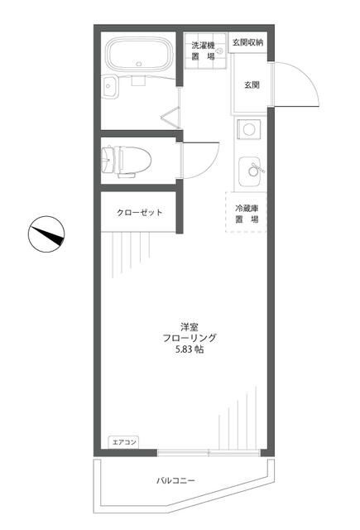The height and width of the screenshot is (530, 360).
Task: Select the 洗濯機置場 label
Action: click(203, 51)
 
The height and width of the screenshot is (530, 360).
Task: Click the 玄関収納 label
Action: click(247, 42)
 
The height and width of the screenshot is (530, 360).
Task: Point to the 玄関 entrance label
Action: click(252, 84)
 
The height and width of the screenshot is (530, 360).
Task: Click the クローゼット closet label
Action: click(139, 213)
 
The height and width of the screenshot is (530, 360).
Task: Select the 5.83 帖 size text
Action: click(190, 350)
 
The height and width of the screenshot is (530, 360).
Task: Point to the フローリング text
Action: click(190, 337)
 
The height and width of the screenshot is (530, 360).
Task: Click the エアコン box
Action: click(122, 443)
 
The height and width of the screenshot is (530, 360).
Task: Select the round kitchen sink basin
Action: click(248, 172)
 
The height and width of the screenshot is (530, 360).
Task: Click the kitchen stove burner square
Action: click(248, 129)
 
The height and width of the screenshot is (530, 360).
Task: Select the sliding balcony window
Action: click(209, 452)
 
